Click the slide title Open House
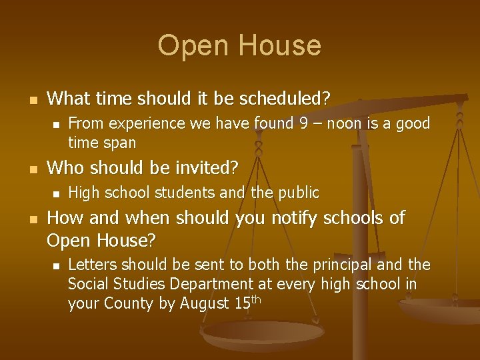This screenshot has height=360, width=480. click(239, 45)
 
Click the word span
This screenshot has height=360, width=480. click(120, 142)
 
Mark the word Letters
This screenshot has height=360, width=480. click(91, 265)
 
